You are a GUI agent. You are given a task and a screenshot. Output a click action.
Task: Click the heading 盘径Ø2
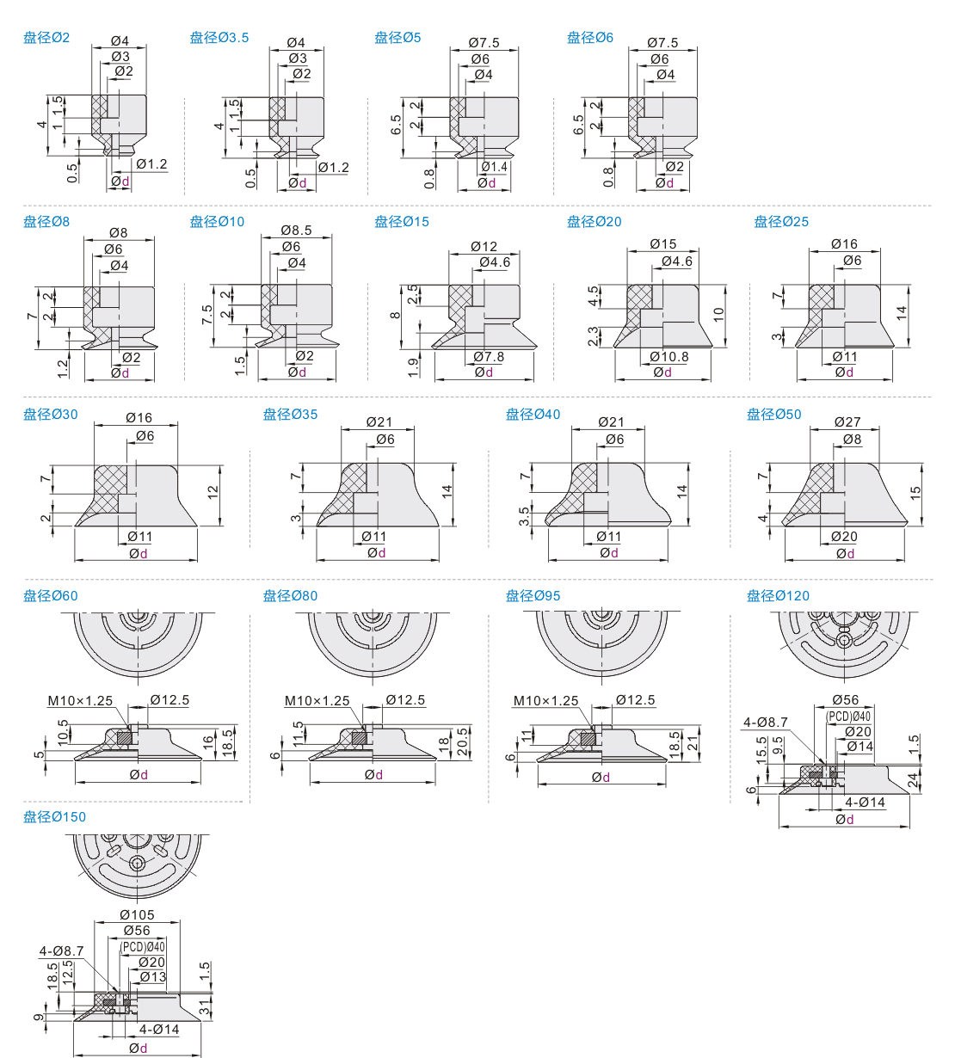pos(46,38)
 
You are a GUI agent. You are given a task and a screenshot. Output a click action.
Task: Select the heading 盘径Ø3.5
pos(219,38)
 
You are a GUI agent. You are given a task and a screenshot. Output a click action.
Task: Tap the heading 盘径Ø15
pos(402,222)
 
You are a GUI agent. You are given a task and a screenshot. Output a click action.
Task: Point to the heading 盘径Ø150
pos(55,817)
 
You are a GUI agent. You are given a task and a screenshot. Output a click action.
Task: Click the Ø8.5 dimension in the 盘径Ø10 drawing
pos(296,231)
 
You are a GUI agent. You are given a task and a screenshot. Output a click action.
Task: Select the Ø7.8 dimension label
pos(489,357)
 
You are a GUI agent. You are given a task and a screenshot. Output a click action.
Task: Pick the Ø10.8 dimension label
pos(669,357)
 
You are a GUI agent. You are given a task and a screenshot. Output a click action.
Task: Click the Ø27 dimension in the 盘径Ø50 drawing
pos(847,422)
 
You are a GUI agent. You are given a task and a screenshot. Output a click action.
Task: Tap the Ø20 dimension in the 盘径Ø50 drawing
pos(844,537)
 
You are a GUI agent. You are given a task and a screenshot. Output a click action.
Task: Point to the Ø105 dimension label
pos(137,915)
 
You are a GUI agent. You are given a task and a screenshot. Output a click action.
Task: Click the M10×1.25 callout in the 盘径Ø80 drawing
pos(317,701)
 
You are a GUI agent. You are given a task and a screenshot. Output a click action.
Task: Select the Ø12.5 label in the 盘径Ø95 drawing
pos(635,701)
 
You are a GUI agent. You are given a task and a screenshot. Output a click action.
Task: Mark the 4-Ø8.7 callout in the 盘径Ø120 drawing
pos(766,723)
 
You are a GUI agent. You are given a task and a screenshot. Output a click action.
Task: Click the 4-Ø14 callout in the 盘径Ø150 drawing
pos(159,1030)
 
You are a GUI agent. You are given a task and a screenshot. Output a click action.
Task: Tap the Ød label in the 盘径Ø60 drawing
pos(139,775)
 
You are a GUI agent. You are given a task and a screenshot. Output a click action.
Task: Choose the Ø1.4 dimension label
pos(494,167)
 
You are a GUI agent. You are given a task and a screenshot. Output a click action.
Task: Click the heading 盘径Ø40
pos(533,415)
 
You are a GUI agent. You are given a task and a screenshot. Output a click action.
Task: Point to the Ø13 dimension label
pos(152,977)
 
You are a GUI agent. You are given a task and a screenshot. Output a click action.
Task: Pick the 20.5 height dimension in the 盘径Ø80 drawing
pos(463,742)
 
